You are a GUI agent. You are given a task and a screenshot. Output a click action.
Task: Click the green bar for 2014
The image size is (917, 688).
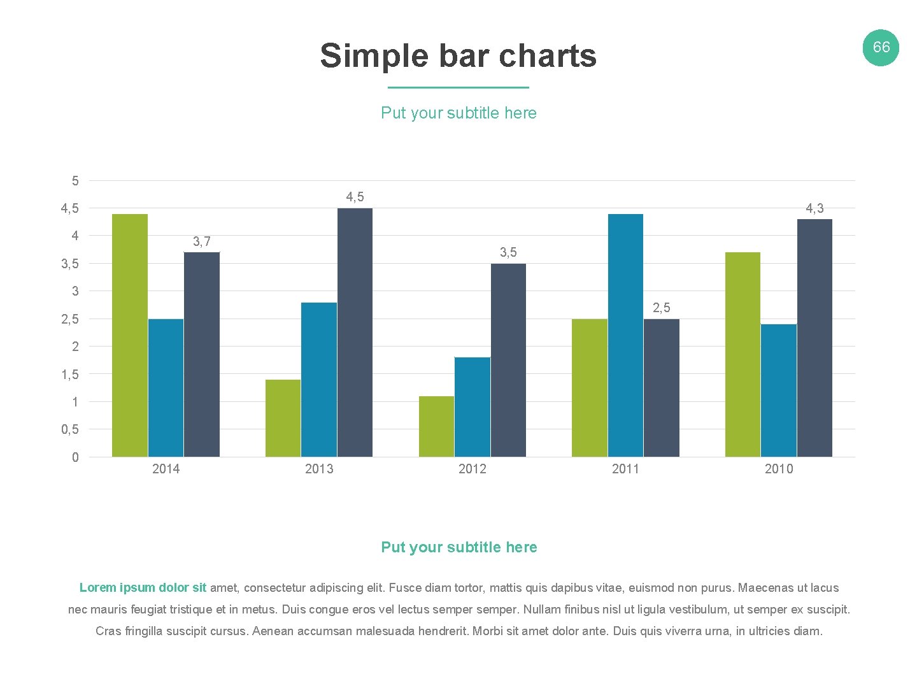(130, 335)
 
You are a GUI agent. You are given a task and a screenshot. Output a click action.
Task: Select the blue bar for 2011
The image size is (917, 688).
(625, 335)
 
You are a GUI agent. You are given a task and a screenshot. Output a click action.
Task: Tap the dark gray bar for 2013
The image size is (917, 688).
(355, 332)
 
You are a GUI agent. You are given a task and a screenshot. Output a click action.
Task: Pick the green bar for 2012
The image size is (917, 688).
(436, 426)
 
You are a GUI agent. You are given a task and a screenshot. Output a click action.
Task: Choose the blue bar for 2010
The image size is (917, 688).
(778, 390)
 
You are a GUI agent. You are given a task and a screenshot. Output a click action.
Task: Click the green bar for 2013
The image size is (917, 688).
(283, 418)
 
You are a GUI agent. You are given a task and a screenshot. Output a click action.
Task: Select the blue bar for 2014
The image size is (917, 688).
(166, 387)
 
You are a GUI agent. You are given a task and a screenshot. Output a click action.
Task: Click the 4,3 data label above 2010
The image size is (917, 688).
(814, 208)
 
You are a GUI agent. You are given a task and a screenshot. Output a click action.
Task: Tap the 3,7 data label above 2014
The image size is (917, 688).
(202, 241)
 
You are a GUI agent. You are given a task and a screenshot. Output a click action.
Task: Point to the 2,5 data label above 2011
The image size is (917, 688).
(662, 308)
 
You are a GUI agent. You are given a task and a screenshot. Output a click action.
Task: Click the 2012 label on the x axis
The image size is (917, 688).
(473, 469)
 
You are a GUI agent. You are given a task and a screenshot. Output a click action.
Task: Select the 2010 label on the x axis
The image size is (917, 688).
(779, 469)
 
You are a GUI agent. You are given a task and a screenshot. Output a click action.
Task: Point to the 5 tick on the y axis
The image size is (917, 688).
(75, 181)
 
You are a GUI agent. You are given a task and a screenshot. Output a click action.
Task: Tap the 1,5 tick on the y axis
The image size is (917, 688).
(70, 375)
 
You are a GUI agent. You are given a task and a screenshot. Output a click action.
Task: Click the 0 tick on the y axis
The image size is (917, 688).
(75, 457)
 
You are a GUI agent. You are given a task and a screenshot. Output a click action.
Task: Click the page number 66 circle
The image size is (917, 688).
(881, 47)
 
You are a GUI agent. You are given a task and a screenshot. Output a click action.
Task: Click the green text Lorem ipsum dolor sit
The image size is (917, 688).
(143, 587)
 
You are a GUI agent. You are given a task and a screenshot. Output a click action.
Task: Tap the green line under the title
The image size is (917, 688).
(458, 87)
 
